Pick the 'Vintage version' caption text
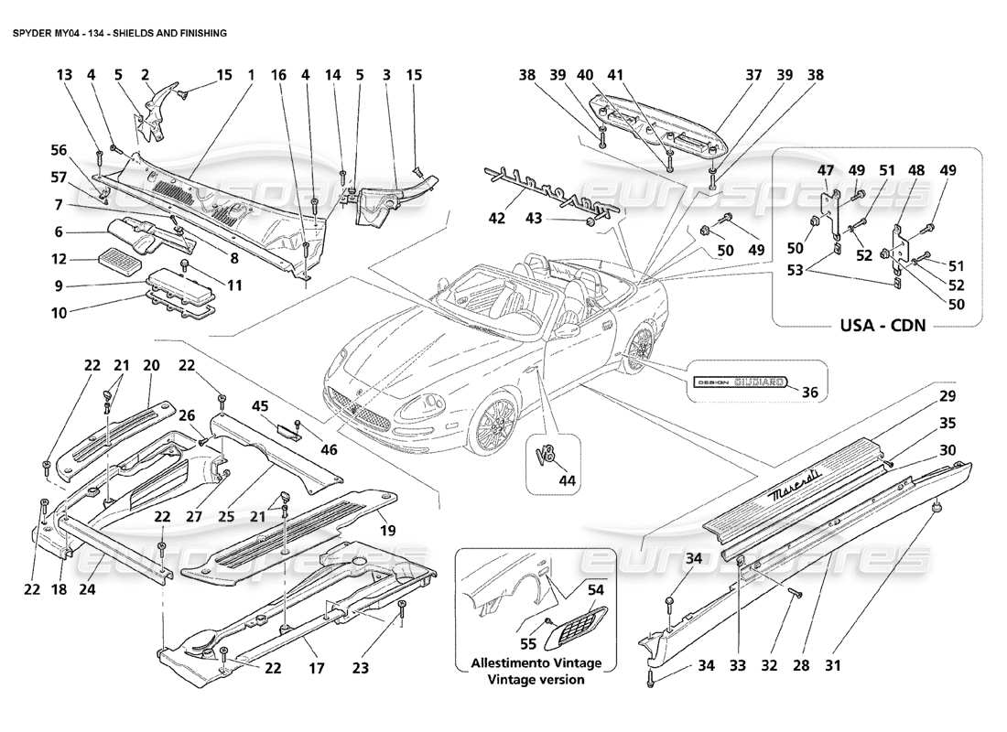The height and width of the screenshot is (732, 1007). [x=536, y=679]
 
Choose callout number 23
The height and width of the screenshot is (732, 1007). [x=361, y=668]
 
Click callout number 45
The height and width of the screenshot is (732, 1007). [x=260, y=406]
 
